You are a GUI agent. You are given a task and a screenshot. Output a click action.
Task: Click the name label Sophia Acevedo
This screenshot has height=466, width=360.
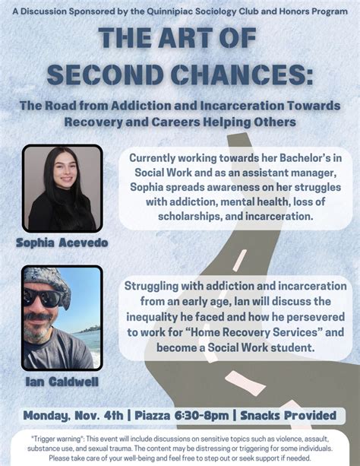[62, 243]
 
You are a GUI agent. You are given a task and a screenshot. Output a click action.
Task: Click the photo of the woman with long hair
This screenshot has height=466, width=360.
[62, 188]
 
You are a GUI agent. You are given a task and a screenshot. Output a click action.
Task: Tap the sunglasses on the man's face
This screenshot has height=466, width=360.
[46, 298]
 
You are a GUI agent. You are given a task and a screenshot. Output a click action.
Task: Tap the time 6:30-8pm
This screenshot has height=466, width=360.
[207, 415]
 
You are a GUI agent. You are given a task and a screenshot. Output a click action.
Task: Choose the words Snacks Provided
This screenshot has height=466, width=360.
[289, 415]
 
